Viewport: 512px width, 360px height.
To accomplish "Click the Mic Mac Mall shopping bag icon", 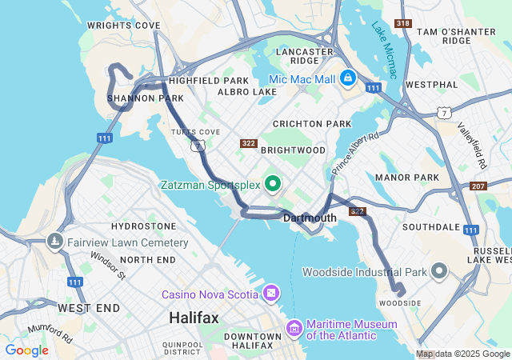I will pyautogui.click(x=347, y=78).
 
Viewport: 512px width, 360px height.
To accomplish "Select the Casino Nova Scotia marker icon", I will pyautogui.click(x=272, y=294).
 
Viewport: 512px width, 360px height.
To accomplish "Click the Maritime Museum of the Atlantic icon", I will pyautogui.click(x=294, y=328).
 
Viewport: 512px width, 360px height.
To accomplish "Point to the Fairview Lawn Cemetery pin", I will pyautogui.click(x=55, y=241).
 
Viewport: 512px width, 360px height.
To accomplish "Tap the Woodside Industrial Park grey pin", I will pyautogui.click(x=438, y=271).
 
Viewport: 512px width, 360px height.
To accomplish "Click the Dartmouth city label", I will pyautogui.click(x=309, y=218).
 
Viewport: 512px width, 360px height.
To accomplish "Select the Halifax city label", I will pyautogui.click(x=194, y=318).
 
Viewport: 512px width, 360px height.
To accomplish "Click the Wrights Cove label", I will pyautogui.click(x=124, y=26).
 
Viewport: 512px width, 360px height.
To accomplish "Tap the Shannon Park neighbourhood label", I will pyautogui.click(x=140, y=99).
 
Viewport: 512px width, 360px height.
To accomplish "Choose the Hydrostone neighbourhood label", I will pyautogui.click(x=144, y=227).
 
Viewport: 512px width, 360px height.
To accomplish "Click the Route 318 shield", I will pyautogui.click(x=405, y=24).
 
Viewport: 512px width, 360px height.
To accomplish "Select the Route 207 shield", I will pyautogui.click(x=478, y=186).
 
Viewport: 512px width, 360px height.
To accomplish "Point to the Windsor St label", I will pyautogui.click(x=108, y=266).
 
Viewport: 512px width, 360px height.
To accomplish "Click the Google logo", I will pyautogui.click(x=26, y=350).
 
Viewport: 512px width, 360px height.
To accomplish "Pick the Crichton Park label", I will pyautogui.click(x=312, y=124).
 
